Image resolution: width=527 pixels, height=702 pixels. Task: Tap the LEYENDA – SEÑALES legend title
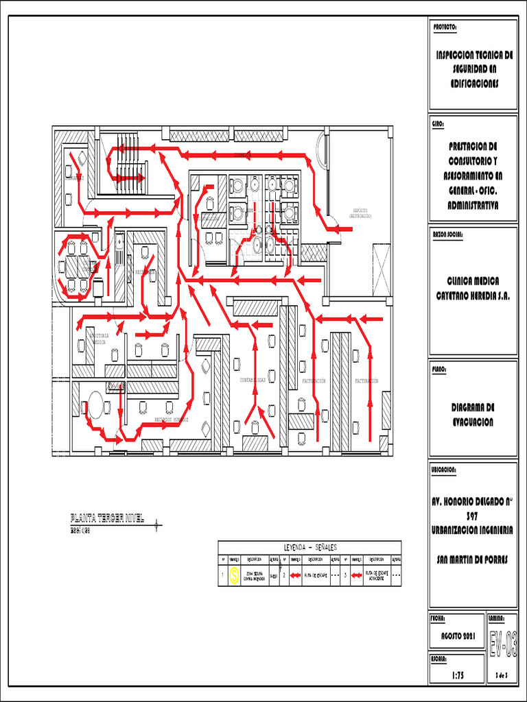[309, 547]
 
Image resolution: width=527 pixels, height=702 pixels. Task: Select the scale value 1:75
[454, 675]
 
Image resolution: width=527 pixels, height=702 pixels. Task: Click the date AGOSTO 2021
[454, 638]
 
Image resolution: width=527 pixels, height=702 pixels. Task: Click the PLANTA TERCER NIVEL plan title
[107, 518]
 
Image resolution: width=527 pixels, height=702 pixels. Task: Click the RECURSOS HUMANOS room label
[171, 419]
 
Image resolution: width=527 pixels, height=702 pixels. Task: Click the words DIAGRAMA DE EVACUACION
[473, 414]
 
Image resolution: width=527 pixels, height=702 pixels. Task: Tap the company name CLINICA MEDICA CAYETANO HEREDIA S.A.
[473, 289]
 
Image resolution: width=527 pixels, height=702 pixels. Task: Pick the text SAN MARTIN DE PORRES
[473, 559]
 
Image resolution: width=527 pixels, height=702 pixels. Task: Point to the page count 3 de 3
[502, 676]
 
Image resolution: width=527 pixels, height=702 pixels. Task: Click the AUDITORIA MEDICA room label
[99, 338]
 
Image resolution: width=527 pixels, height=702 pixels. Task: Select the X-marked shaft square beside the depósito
[381, 269]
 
